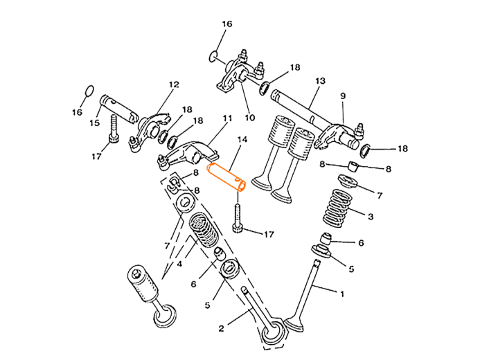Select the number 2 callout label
click(221, 327)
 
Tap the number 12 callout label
click(176, 84)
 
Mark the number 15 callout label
click(92, 122)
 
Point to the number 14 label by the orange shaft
click(242, 141)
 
